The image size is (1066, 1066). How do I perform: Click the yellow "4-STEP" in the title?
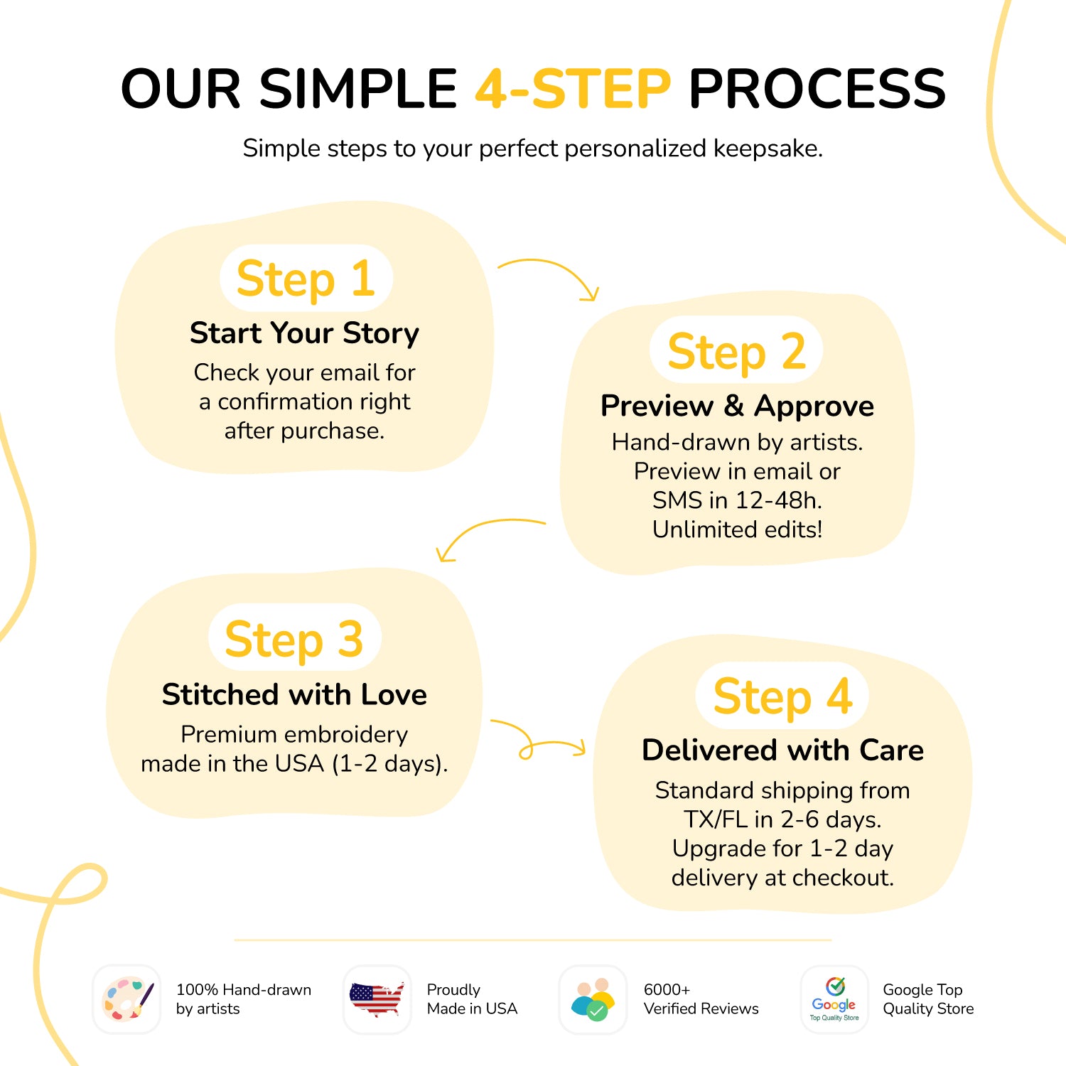click(573, 89)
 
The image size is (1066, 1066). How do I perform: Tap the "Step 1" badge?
click(306, 278)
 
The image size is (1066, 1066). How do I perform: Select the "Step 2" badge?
click(736, 350)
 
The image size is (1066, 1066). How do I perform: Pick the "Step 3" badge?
click(295, 637)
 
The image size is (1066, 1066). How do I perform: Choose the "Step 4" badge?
click(782, 696)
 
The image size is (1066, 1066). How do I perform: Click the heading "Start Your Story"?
click(305, 333)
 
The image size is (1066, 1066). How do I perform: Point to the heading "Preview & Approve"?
click(738, 406)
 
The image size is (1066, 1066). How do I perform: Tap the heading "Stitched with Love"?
click(294, 694)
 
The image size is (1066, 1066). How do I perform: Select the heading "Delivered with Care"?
click(782, 750)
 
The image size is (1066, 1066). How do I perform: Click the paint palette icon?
click(127, 998)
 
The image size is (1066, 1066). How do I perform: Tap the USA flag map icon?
click(377, 999)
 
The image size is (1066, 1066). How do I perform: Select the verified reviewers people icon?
click(593, 999)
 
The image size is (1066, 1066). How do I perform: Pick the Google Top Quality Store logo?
click(834, 999)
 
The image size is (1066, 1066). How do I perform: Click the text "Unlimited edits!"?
click(738, 529)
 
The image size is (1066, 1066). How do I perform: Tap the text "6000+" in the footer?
click(667, 989)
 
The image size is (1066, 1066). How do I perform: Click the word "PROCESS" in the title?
click(817, 89)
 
